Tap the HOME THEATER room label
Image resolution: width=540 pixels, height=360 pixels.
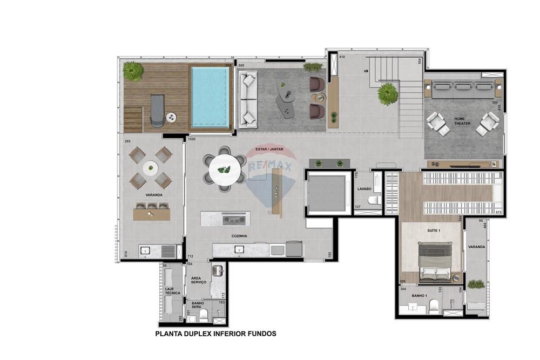(462, 121)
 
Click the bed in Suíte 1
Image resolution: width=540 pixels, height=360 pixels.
(435, 261)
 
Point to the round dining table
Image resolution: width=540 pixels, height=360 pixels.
(224, 169)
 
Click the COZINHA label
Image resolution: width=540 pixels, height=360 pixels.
(239, 236)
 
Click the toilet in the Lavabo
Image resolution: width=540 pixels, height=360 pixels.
(373, 201)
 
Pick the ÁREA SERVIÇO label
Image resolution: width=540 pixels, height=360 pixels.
(199, 281)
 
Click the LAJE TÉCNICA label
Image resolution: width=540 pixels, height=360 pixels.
(173, 290)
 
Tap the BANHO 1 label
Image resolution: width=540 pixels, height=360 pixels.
(420, 296)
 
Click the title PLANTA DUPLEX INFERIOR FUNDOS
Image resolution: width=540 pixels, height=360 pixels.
(215, 334)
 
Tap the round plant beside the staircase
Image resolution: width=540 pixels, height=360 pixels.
(388, 94)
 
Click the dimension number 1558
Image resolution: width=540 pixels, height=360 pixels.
(192, 139)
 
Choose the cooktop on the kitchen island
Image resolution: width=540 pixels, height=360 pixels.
(234, 219)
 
